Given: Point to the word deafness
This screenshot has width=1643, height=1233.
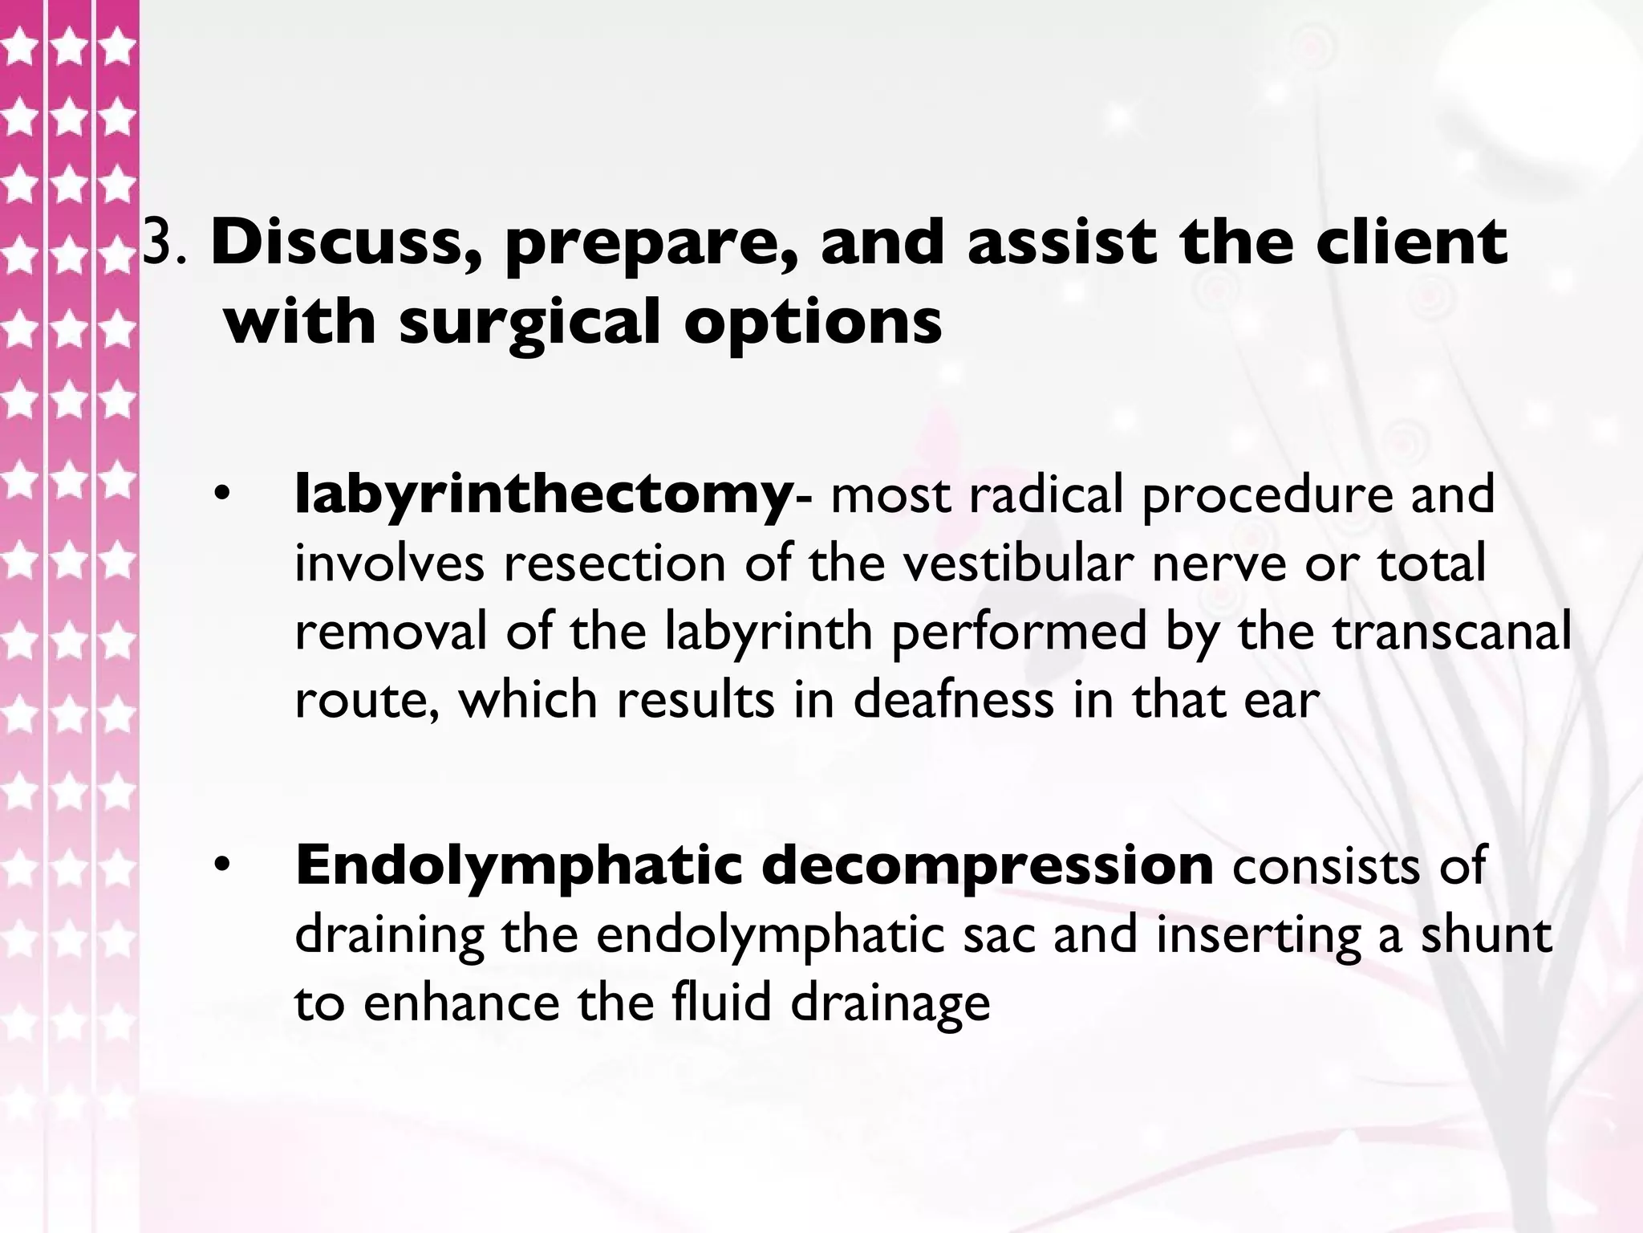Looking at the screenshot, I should pos(952,699).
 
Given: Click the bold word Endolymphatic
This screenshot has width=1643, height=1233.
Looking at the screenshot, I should pos(518,867).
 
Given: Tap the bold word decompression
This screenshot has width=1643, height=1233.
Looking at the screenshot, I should pos(988,867).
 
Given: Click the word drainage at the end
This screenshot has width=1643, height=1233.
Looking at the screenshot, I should pos(890,1003).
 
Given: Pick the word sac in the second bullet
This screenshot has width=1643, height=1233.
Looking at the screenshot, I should pos(998,934).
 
